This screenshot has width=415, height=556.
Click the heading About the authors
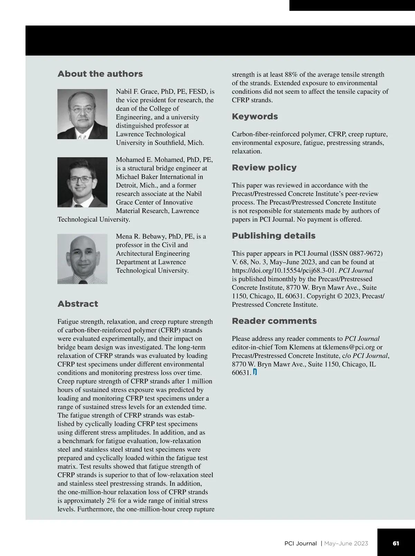click(100, 74)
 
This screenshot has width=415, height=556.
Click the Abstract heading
click(78, 304)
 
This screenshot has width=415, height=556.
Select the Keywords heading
click(255, 117)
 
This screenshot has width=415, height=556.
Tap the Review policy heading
click(264, 168)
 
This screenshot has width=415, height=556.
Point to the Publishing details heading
click(274, 236)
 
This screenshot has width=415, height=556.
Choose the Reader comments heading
click(274, 321)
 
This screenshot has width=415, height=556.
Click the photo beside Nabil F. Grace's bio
click(82, 114)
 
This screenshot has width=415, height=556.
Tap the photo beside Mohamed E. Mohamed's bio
click(82, 182)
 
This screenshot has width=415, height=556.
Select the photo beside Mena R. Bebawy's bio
click(82, 259)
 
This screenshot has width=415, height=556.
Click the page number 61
click(396, 544)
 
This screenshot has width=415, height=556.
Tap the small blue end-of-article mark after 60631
click(255, 373)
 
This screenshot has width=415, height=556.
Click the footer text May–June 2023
click(346, 544)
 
